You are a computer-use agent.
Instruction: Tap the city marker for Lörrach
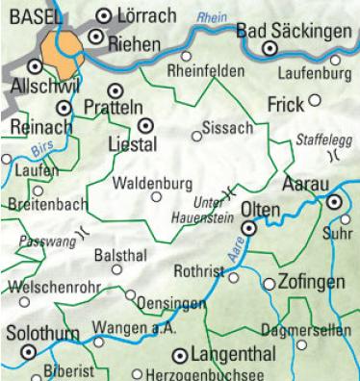106,15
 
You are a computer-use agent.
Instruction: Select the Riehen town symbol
95,37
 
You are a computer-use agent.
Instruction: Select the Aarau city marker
333,203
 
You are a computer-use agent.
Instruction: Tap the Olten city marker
248,229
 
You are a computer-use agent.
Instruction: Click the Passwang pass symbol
85,231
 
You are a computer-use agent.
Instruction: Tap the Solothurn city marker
28,352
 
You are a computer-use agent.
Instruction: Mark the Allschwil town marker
36,67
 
